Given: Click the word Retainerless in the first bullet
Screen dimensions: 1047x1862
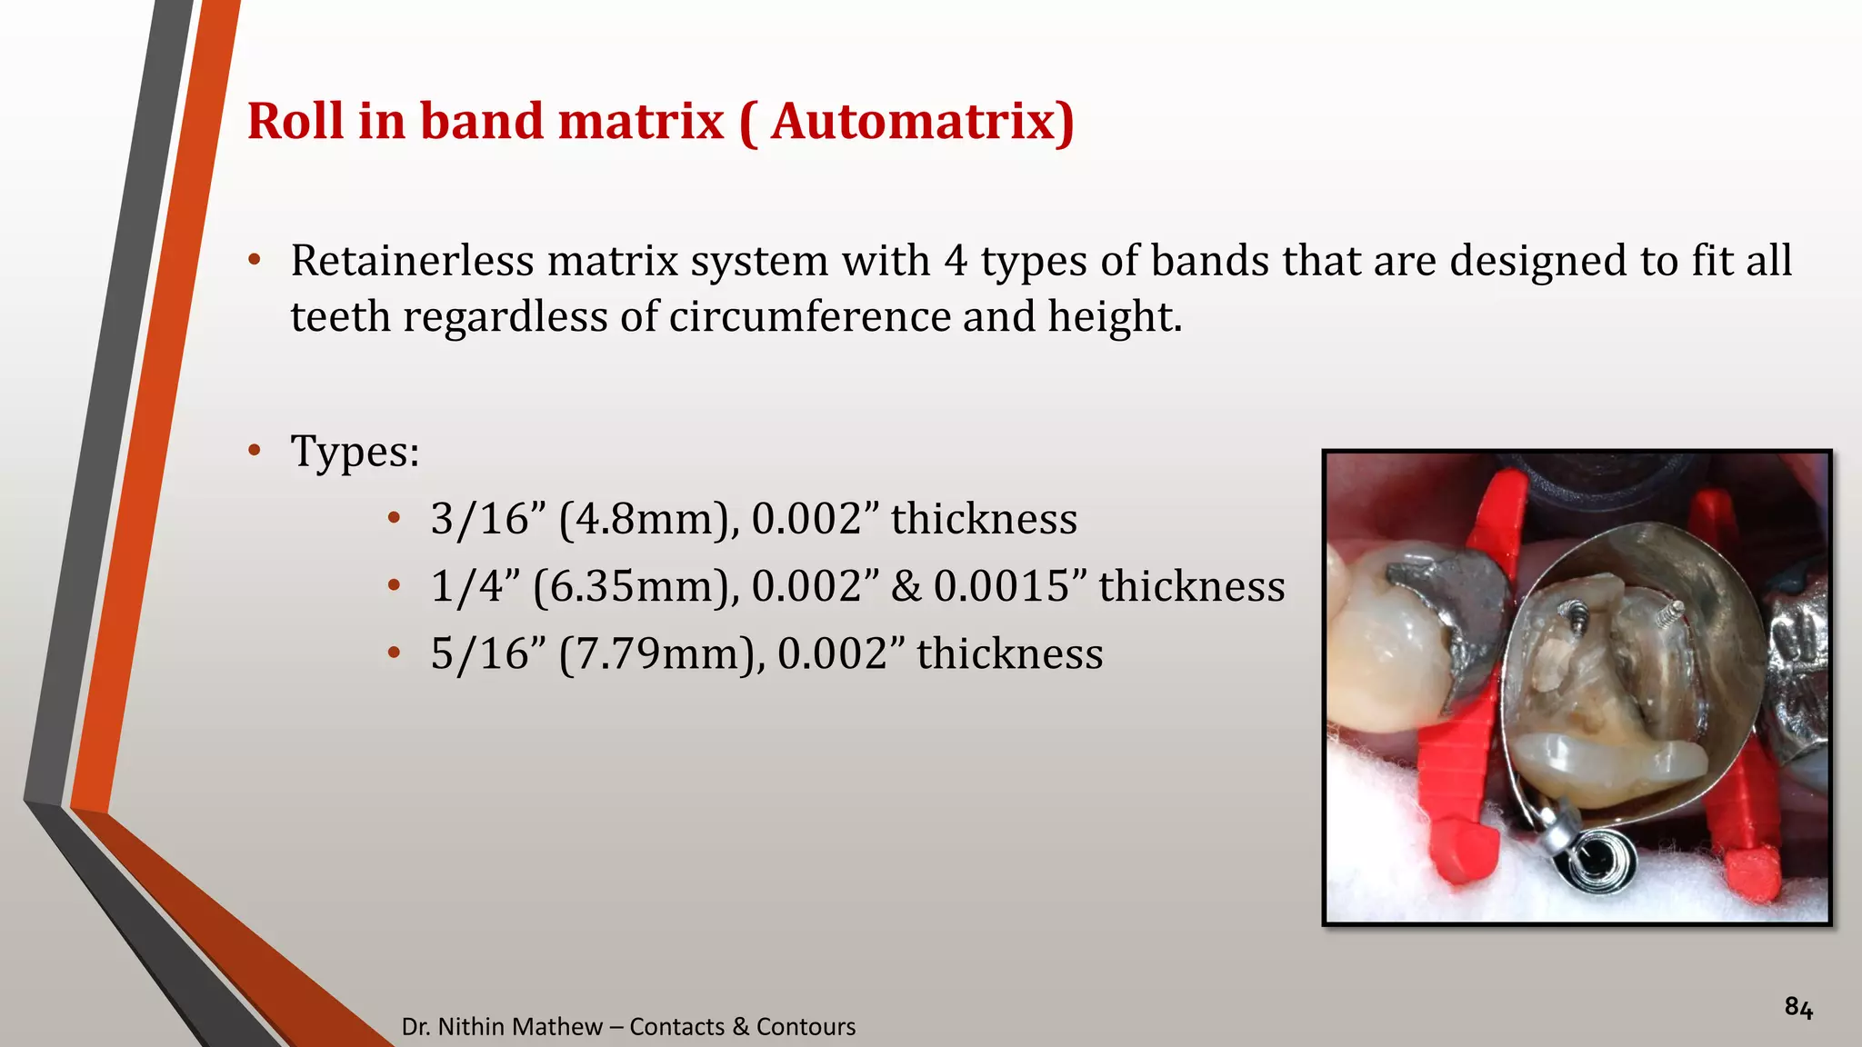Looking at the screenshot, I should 412,261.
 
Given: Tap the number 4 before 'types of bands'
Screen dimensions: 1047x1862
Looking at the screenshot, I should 955,261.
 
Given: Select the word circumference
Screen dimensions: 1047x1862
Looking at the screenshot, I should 809,317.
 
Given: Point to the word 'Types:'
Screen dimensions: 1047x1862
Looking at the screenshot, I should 355,452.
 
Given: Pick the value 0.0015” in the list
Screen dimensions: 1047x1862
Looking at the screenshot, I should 1008,586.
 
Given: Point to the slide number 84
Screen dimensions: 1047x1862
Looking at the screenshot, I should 1798,1008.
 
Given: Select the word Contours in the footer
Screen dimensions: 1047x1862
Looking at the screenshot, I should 806,1026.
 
